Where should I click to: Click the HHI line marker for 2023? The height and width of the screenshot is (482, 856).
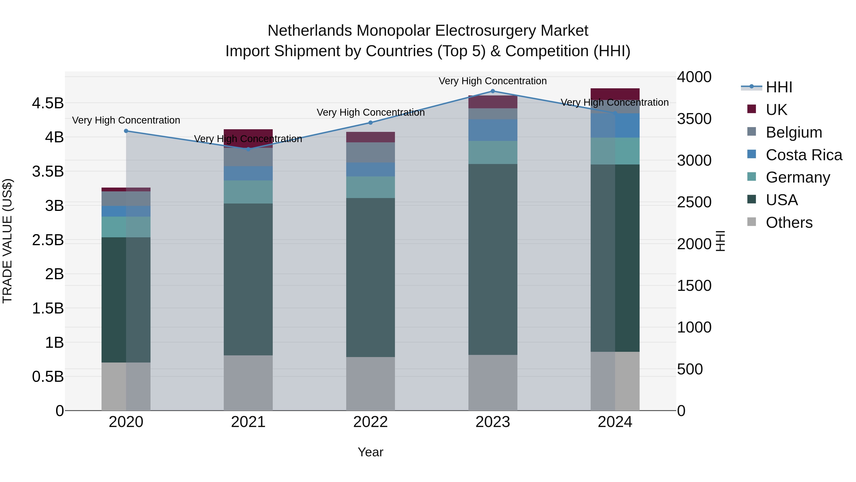[x=493, y=91]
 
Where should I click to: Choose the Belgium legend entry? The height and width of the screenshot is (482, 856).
[x=793, y=132]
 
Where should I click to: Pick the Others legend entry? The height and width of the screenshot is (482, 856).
[x=789, y=223]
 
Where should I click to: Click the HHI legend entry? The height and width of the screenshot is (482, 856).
[x=779, y=87]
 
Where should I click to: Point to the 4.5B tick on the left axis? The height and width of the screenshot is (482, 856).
[x=48, y=103]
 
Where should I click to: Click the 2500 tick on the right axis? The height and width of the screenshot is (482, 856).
[x=694, y=202]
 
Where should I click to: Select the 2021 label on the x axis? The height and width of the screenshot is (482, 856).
[x=248, y=422]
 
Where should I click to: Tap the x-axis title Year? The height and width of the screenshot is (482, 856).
[x=370, y=452]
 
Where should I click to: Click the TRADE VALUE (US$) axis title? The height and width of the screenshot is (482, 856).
[x=7, y=241]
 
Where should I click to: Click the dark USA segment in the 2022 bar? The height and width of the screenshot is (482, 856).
[x=370, y=278]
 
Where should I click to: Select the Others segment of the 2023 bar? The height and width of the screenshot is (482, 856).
[x=493, y=383]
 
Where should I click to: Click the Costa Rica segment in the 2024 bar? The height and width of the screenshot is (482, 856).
[x=615, y=125]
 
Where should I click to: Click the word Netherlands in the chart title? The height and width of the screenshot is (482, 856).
[x=309, y=31]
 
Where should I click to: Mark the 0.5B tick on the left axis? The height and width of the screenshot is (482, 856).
[x=48, y=377]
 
